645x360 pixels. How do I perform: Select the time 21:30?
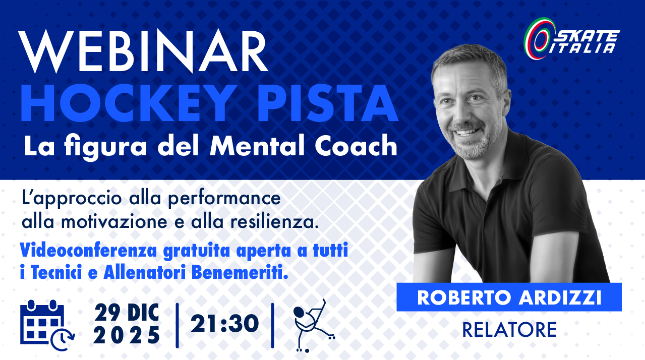pyautogui.click(x=224, y=324)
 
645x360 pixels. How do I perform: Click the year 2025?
pyautogui.click(x=127, y=335)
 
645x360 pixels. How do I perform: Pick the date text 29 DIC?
pyautogui.click(x=127, y=314)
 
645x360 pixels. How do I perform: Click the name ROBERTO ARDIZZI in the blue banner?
pyautogui.click(x=509, y=297)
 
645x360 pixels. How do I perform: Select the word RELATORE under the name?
pyautogui.click(x=509, y=330)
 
